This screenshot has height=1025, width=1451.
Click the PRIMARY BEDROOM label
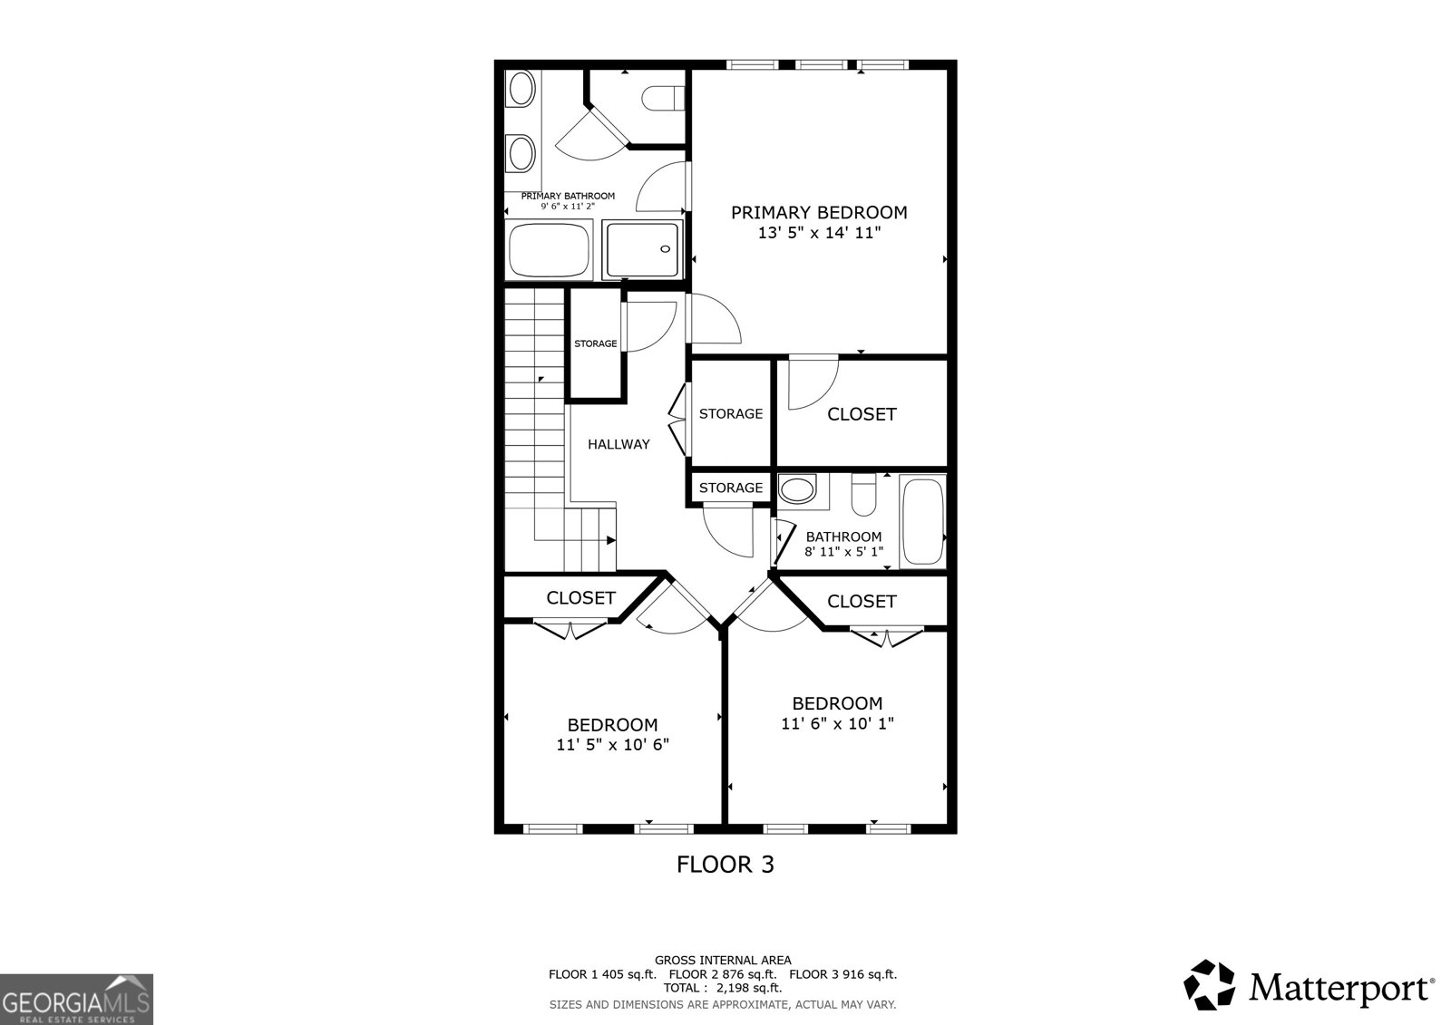pos(819,213)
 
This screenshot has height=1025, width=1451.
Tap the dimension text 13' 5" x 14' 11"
pos(819,233)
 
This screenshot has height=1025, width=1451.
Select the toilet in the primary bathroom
pos(661,98)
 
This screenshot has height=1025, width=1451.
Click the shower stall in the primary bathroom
pos(642,250)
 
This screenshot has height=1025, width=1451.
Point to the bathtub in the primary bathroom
pos(549,251)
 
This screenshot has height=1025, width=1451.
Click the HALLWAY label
pos(618,444)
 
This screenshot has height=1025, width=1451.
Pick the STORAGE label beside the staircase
pos(595,343)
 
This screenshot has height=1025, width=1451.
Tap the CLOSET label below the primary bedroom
pos(862,414)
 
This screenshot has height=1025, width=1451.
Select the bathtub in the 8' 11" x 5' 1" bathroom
pos(923,521)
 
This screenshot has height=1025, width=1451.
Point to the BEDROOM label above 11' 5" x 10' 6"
pos(612,725)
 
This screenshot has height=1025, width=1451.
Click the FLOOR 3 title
pos(725,865)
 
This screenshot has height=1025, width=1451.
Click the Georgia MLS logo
pos(76,999)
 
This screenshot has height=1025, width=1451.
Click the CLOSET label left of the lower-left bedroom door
pos(580,598)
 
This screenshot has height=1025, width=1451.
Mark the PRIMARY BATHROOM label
pos(568,196)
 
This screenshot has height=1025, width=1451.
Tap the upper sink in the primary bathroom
pos(521,90)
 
